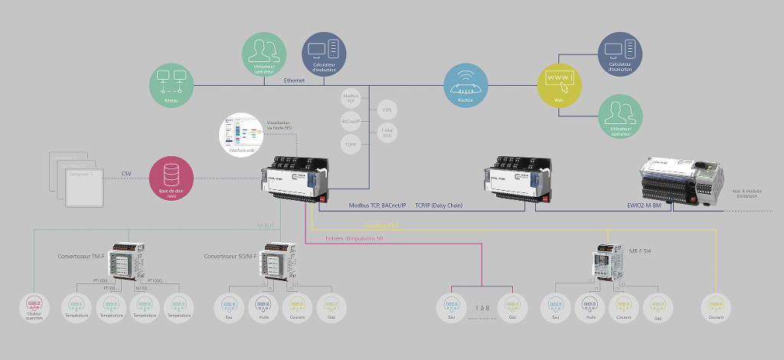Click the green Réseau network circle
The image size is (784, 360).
click(171, 85)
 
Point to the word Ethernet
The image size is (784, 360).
click(294, 80)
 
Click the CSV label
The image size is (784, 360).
click(126, 173)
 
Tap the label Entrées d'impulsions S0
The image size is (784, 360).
click(354, 240)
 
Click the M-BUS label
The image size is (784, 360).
click(266, 226)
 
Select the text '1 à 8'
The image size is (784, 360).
click(482, 306)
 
